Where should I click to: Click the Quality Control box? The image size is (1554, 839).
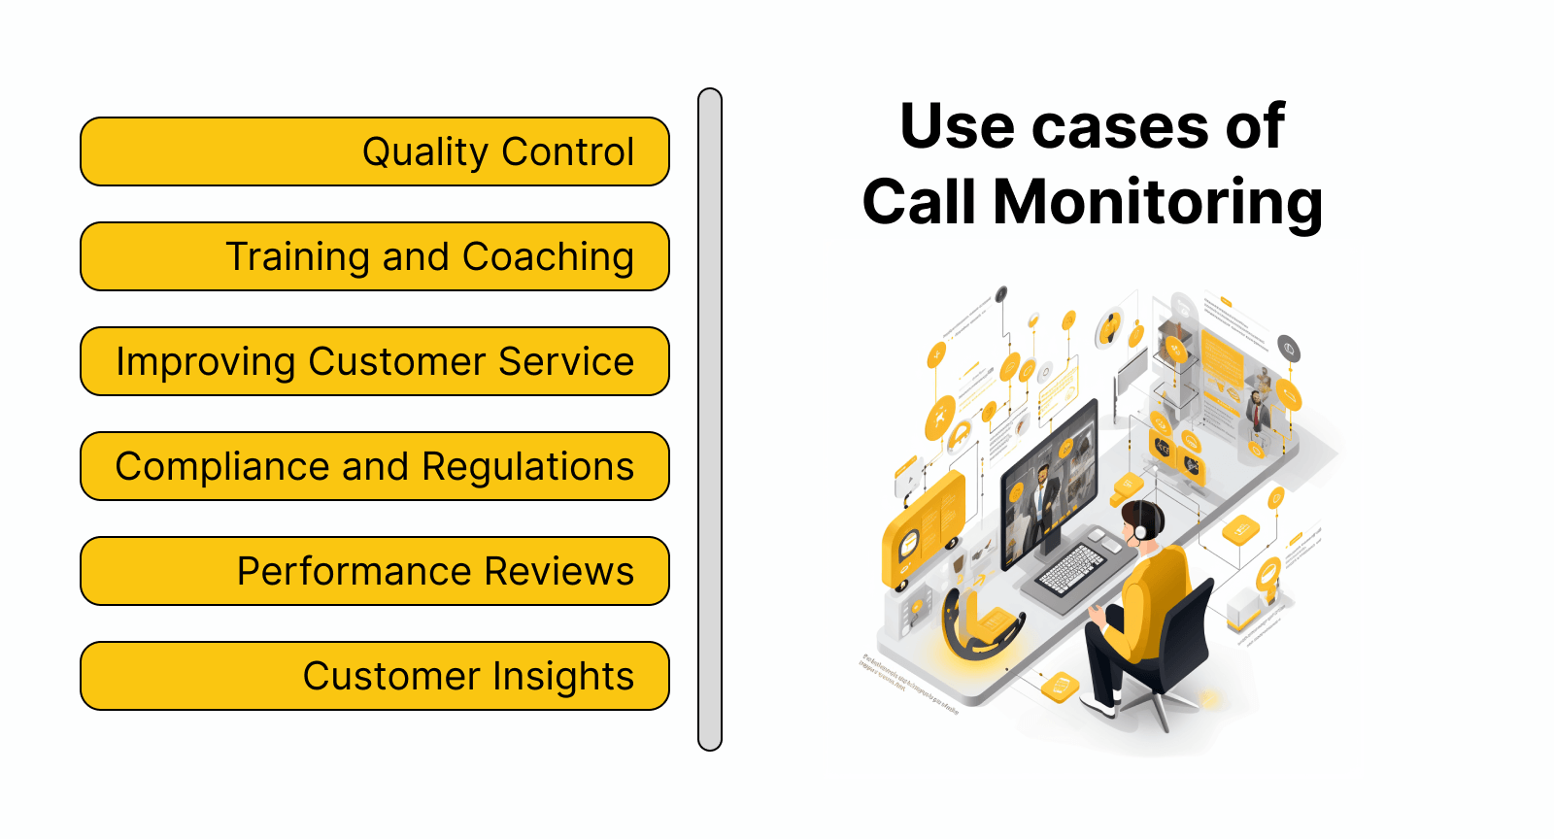[x=375, y=151]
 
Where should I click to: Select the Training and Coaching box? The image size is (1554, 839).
[x=375, y=256]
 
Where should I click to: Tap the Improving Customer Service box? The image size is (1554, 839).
[x=375, y=361]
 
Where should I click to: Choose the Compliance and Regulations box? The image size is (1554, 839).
[x=375, y=466]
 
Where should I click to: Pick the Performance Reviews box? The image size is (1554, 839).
[x=375, y=571]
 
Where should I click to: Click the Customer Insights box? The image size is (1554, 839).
[x=375, y=676]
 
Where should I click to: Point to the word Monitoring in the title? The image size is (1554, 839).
[x=1158, y=203]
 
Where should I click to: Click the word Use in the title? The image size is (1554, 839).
[x=958, y=126]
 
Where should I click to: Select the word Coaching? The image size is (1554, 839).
[x=548, y=257]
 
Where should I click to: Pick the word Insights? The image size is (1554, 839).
[x=563, y=677]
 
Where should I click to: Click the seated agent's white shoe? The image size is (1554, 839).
[x=1098, y=706]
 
